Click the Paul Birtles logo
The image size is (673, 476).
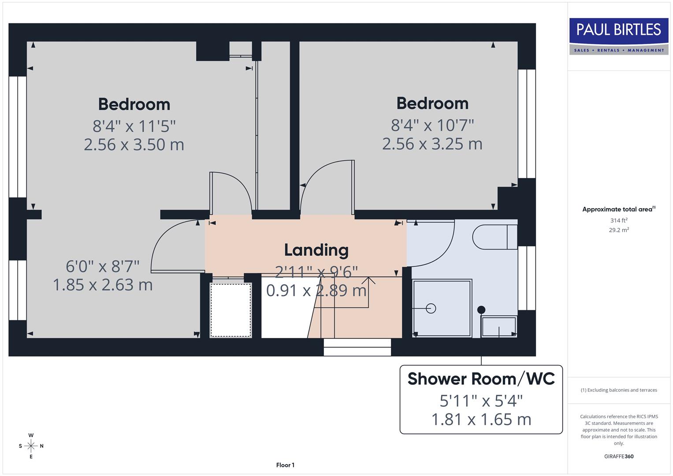pos(618,36)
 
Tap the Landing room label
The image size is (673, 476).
pos(316,250)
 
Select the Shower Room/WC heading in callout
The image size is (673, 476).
pos(481,379)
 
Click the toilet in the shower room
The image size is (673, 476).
pos(494,237)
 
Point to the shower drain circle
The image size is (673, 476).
pos(431,309)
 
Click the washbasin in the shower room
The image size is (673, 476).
pos(499,327)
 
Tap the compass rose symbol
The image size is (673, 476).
pos(31,446)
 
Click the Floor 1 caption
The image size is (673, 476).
pos(285,465)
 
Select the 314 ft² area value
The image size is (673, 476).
pos(618,220)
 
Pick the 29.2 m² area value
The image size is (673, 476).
pos(618,230)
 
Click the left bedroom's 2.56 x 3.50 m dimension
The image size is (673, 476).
pos(134,145)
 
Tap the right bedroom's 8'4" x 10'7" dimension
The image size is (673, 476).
pos(432,126)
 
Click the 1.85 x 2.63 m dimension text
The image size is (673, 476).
pos(103,285)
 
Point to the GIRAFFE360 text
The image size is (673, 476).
pos(618,457)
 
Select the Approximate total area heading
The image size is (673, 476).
pos(618,209)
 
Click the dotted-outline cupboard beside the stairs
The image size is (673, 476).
pos(231,310)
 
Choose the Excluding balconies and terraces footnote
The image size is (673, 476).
pos(618,390)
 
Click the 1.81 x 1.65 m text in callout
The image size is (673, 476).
pos(481,420)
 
